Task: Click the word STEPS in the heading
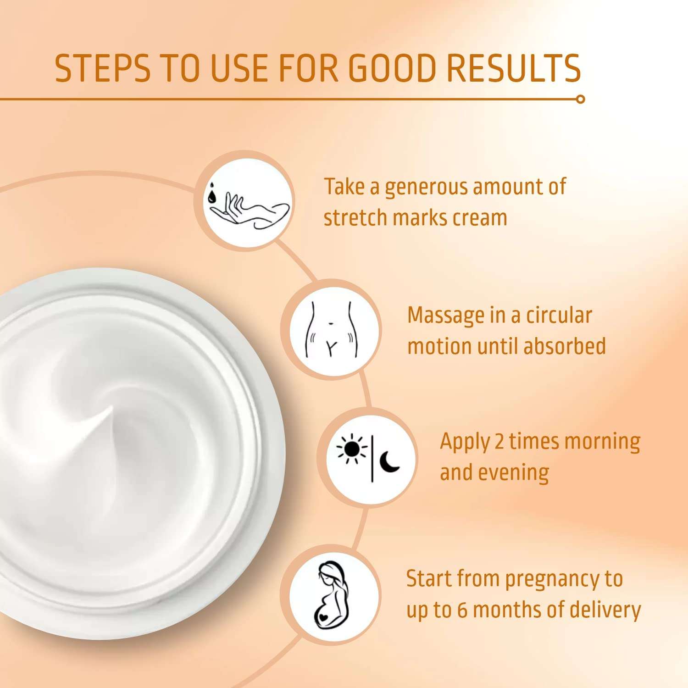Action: [x=102, y=68]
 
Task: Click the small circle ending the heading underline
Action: [x=580, y=99]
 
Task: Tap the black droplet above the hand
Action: [x=211, y=196]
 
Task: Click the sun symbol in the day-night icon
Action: [x=352, y=449]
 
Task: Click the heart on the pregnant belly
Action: [x=325, y=616]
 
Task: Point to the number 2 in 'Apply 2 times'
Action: [x=499, y=442]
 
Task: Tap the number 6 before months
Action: [x=462, y=610]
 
